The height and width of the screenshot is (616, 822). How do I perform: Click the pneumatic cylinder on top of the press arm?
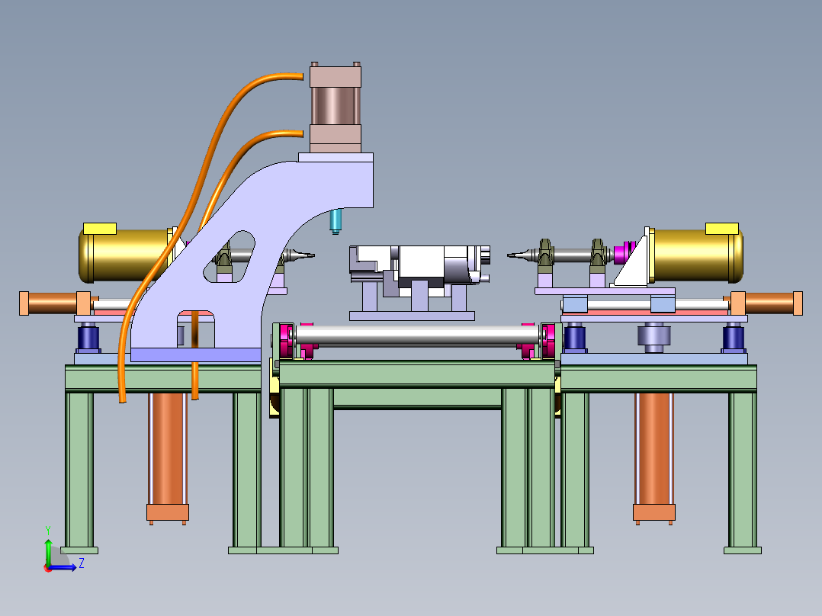pyautogui.click(x=336, y=107)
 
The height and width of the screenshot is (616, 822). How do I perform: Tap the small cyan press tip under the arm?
pyautogui.click(x=336, y=221)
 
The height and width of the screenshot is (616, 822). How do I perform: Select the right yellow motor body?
pyautogui.click(x=695, y=255)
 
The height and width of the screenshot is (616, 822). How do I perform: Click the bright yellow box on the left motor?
pyautogui.click(x=100, y=229)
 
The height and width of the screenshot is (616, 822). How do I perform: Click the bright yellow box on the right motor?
pyautogui.click(x=722, y=229)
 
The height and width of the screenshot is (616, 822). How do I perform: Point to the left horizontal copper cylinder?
pyautogui.click(x=55, y=303)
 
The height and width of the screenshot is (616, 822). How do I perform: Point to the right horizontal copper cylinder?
pyautogui.click(x=766, y=303)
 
